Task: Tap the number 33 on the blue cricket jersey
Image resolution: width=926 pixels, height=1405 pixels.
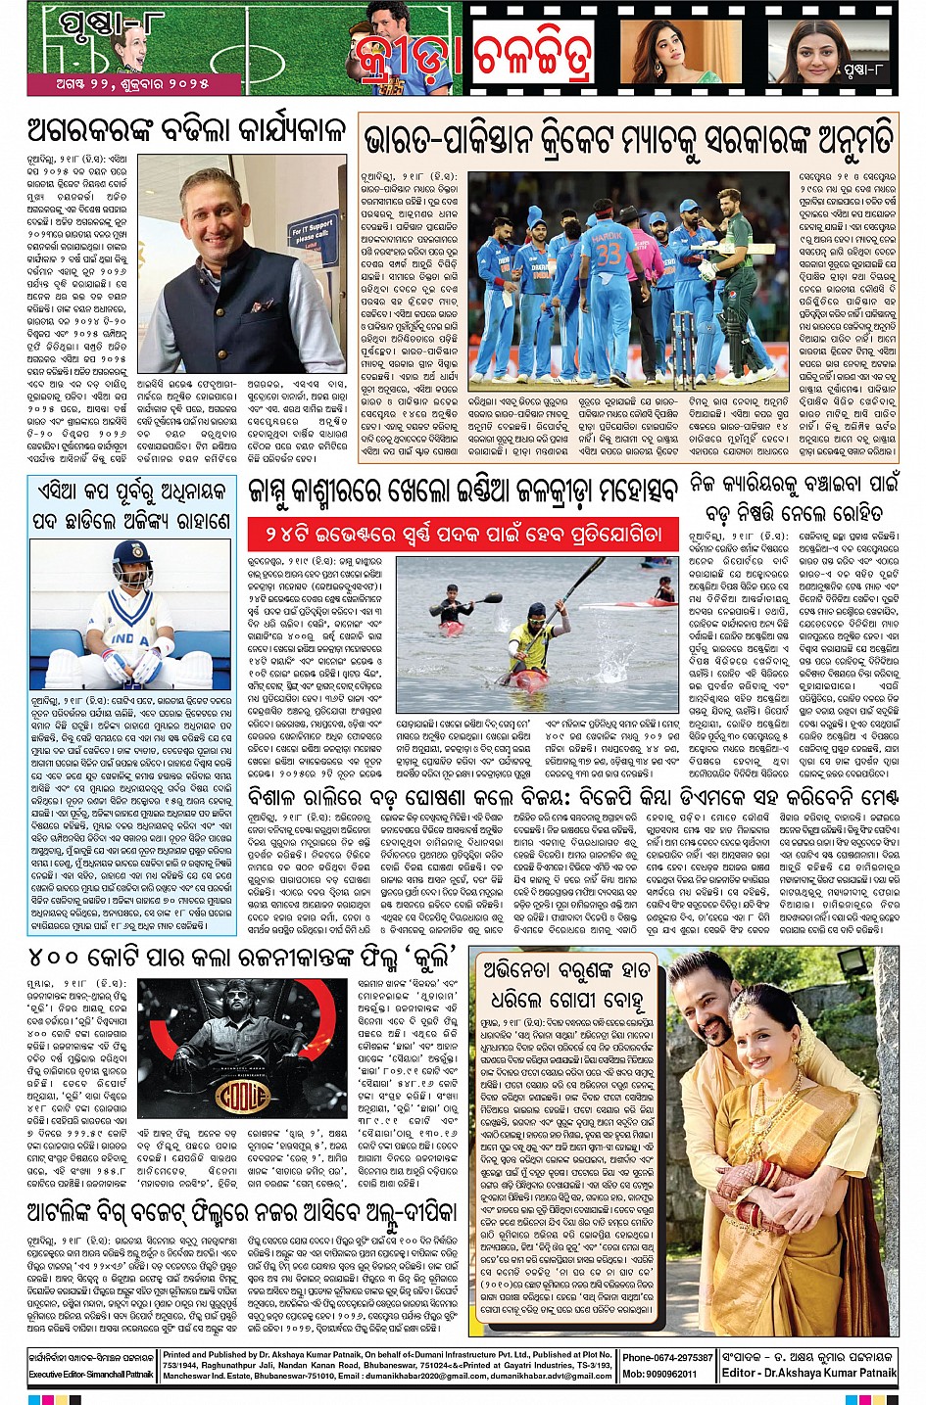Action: tap(609, 255)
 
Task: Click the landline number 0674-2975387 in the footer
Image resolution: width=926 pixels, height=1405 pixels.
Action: tap(667, 1358)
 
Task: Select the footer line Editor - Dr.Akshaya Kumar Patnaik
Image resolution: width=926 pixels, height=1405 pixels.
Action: tap(808, 1373)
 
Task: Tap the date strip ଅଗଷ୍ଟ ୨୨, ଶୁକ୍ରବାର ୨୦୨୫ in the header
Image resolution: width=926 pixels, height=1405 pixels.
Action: tap(120, 84)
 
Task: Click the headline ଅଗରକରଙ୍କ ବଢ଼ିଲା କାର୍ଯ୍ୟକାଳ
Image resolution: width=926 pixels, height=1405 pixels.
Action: tap(186, 130)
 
